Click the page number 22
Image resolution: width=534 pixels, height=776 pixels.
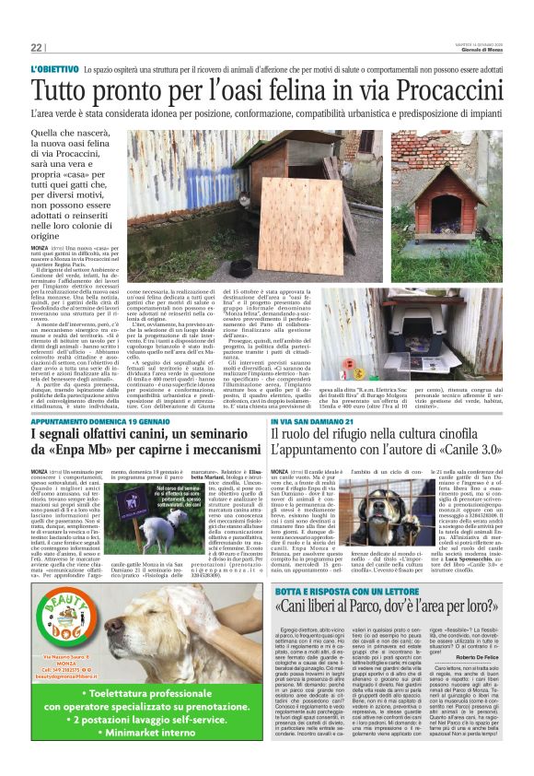pyautogui.click(x=36, y=48)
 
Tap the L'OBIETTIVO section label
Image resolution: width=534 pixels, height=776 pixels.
pyautogui.click(x=53, y=70)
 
